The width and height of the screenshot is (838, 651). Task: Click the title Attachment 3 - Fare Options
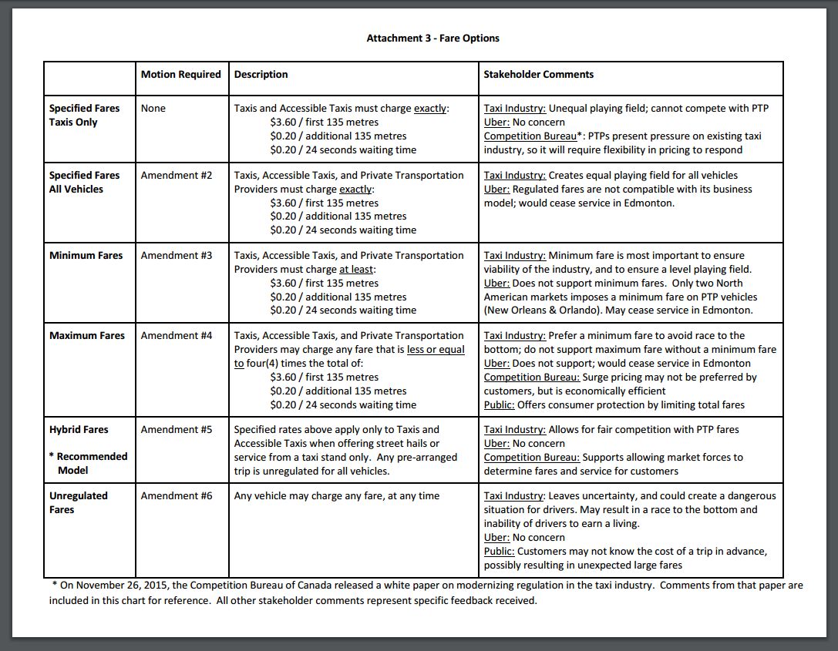pos(432,38)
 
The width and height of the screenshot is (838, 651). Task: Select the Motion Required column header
pos(180,75)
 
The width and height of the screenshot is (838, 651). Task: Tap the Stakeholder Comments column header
pos(538,75)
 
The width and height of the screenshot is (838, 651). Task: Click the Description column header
pos(261,75)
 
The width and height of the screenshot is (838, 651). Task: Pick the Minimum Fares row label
pos(86,256)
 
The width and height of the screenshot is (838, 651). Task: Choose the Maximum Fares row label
pos(86,336)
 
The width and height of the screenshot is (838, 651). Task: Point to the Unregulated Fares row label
pos(79,502)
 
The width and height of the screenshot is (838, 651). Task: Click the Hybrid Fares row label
pos(79,430)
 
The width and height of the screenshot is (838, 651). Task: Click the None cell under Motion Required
pos(153,109)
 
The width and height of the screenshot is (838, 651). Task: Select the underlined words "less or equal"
pos(436,350)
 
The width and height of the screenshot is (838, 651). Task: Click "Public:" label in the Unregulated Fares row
pos(499,552)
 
